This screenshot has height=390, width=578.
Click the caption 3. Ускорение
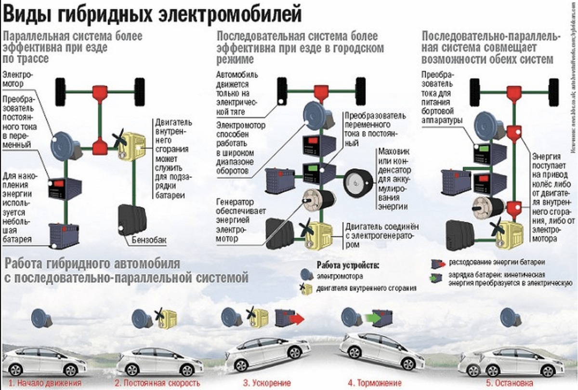coord(262,383)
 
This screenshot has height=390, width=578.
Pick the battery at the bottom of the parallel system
coord(63,235)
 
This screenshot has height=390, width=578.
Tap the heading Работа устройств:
coord(348,265)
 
